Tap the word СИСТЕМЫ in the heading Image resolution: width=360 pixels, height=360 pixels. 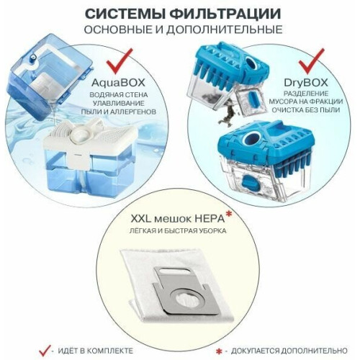click(125, 14)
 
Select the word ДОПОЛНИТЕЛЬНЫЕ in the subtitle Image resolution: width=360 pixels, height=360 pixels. click(225, 30)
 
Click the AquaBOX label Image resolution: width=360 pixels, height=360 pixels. click(118, 83)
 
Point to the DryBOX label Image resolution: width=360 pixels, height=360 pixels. click(306, 83)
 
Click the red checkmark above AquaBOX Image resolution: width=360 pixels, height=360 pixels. click(120, 61)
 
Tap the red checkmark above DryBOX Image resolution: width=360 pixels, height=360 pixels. click(311, 61)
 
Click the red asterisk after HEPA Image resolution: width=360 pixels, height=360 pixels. click(229, 214)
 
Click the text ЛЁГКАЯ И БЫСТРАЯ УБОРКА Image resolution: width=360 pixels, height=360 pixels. click(178, 231)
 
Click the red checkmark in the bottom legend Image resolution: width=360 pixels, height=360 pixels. click(45, 351)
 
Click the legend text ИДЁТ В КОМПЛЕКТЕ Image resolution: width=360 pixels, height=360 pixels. click(95, 351)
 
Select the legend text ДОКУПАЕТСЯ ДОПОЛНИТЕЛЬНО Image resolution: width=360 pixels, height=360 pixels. click(289, 351)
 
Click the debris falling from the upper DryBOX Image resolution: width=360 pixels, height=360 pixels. click(227, 114)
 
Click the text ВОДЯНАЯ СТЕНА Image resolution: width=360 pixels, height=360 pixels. click(119, 95)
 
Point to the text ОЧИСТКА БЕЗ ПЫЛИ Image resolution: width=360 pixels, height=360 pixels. click(305, 110)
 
